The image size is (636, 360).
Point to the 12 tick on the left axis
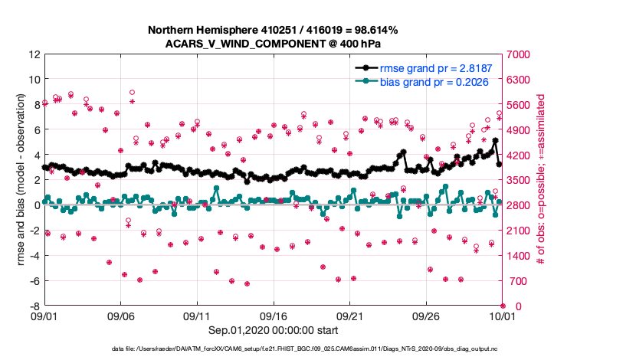(x=34, y=54)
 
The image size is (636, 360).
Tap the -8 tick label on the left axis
(x=34, y=306)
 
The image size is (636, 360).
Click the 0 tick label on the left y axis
(x=37, y=205)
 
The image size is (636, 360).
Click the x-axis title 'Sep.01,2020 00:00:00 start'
(x=274, y=330)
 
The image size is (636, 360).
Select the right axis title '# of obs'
(x=541, y=180)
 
